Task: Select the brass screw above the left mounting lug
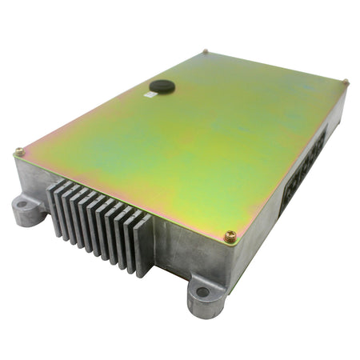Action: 18,152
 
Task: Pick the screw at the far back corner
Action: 205,52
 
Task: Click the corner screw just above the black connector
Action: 346,82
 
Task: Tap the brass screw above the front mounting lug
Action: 230,236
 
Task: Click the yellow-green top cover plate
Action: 184,136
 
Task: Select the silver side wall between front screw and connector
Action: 264,224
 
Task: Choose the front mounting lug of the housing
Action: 206,295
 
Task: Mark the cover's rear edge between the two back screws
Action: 276,66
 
